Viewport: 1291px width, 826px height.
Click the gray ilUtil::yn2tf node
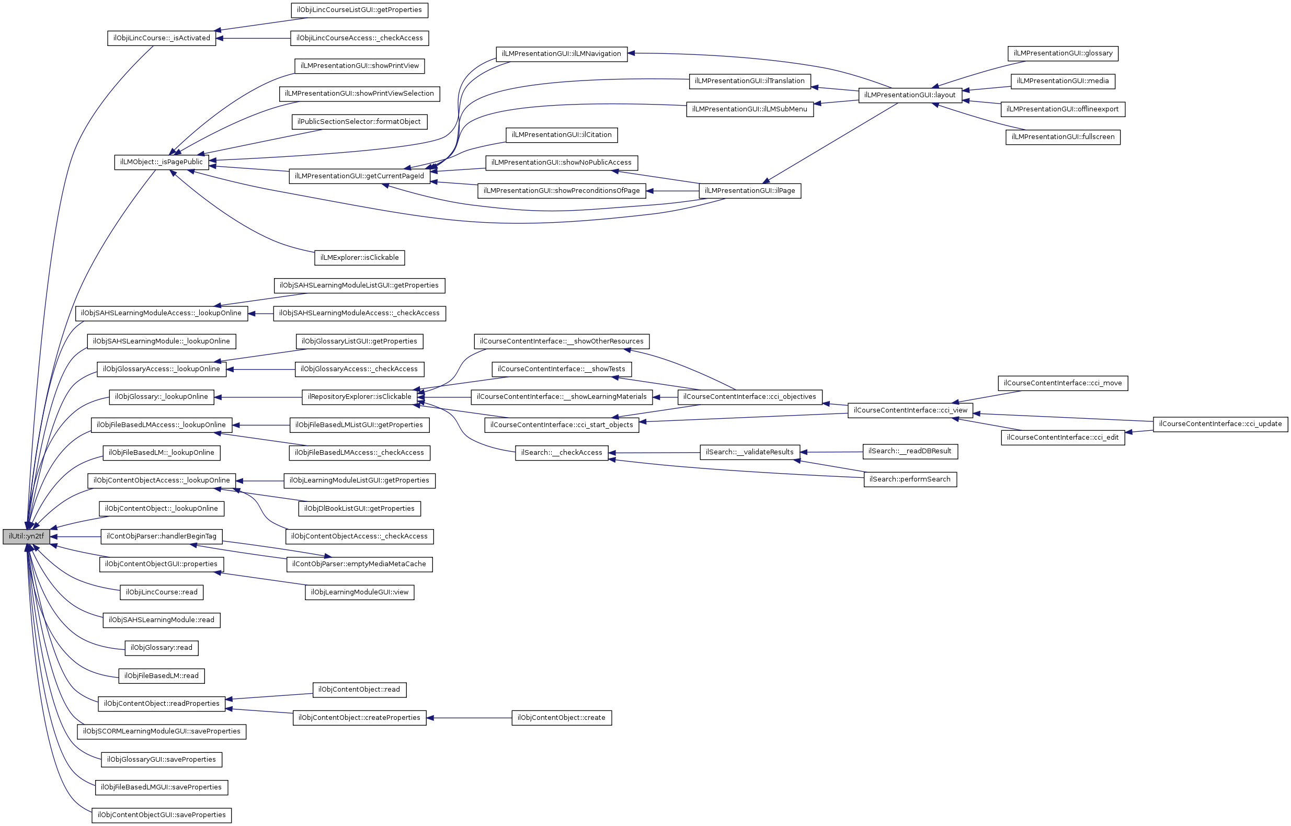point(26,536)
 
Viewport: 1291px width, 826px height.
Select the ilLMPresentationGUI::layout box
point(910,95)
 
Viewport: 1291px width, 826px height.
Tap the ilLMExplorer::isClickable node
point(359,257)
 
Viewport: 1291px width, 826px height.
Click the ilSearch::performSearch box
point(910,479)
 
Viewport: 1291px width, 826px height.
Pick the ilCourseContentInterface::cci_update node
point(1220,424)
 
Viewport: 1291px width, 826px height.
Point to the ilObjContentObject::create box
point(561,718)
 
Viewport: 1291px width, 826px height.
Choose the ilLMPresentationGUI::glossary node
point(1062,53)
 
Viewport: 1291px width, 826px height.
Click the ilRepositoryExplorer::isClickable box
point(359,397)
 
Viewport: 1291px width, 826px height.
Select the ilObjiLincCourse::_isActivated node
point(162,38)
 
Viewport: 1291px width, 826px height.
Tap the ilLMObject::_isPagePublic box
point(162,162)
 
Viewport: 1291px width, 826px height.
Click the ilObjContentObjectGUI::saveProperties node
point(162,815)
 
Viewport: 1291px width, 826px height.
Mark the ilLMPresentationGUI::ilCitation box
point(561,135)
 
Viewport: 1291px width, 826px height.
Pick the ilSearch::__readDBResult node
point(910,451)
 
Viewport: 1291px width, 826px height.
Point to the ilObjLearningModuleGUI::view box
point(359,592)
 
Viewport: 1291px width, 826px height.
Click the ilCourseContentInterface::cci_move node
point(1062,383)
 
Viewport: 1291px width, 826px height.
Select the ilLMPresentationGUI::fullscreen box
point(1062,137)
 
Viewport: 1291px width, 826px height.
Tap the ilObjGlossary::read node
point(162,647)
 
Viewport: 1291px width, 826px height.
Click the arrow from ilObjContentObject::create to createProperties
point(470,718)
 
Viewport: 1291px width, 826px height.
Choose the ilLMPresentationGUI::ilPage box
point(749,190)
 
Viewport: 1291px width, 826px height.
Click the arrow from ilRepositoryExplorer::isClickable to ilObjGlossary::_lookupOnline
point(257,397)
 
